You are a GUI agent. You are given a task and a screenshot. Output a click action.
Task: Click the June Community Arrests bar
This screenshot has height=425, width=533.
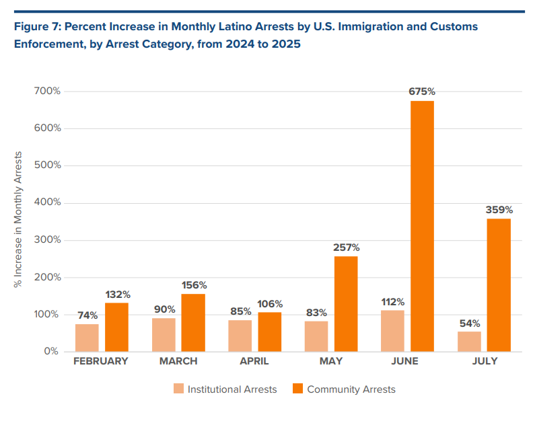pyautogui.click(x=422, y=226)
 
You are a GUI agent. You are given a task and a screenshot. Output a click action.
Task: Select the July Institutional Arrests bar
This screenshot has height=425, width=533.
pyautogui.click(x=470, y=342)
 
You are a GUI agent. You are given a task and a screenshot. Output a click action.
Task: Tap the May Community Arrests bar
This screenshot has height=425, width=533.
pyautogui.click(x=346, y=304)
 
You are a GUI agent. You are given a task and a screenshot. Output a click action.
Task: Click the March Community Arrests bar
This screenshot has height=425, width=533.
pyautogui.click(x=193, y=323)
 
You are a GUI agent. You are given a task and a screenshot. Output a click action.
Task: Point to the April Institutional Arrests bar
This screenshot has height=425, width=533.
pyautogui.click(x=240, y=336)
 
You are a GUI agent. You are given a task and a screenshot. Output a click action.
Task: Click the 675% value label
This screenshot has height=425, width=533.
pyautogui.click(x=423, y=91)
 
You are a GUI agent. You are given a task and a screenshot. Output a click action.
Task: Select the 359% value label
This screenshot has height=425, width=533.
pyautogui.click(x=499, y=210)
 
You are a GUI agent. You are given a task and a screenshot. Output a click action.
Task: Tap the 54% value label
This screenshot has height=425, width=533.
pyautogui.click(x=470, y=323)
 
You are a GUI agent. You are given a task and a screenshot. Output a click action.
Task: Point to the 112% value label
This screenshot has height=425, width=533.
pyautogui.click(x=393, y=301)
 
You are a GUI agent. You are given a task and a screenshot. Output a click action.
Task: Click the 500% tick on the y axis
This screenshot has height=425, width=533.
pyautogui.click(x=47, y=165)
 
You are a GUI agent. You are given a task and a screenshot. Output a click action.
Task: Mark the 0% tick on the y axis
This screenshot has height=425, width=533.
pyautogui.click(x=52, y=351)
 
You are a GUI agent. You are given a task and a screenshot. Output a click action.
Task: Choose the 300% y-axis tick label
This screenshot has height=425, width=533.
pyautogui.click(x=47, y=202)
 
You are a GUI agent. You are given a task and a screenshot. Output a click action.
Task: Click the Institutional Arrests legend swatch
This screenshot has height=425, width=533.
pyautogui.click(x=178, y=389)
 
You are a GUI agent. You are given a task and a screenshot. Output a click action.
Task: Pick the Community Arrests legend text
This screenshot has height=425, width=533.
pyautogui.click(x=351, y=389)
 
